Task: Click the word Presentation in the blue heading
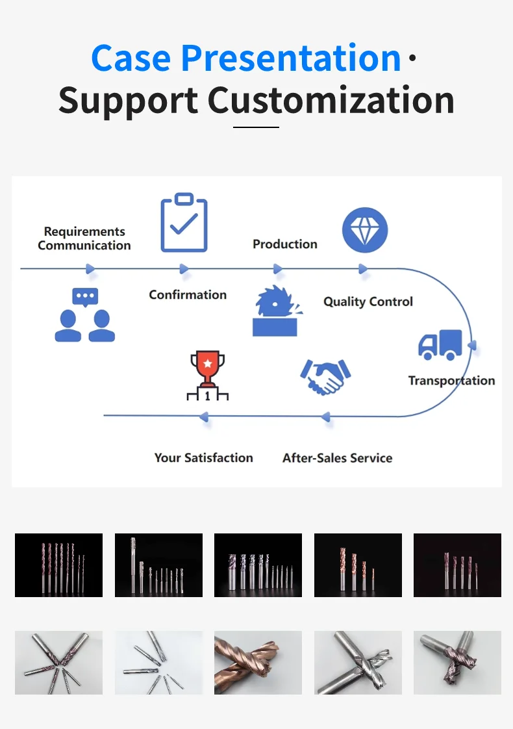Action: point(291,58)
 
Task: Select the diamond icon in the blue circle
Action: point(365,230)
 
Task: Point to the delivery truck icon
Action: point(440,345)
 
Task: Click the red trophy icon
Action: point(208,376)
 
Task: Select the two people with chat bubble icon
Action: point(85,315)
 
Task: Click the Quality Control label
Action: point(368,301)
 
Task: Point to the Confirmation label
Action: point(188,294)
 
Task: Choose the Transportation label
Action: point(451,381)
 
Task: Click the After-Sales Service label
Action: point(337,457)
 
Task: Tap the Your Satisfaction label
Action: point(203,457)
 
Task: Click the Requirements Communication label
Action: point(84,238)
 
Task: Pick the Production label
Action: point(285,244)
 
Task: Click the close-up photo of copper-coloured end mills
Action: point(258,662)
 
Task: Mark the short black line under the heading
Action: point(256,127)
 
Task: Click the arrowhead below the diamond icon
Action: point(363,269)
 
